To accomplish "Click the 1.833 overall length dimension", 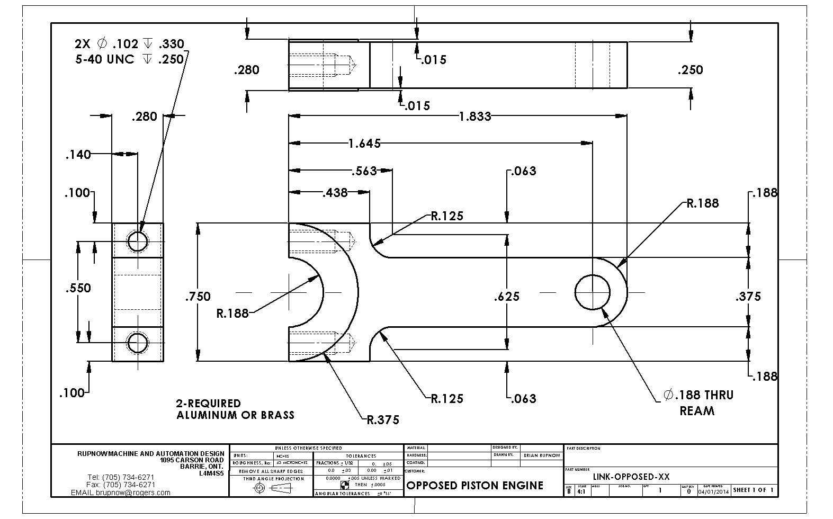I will pyautogui.click(x=475, y=116).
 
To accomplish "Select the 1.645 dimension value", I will pyautogui.click(x=364, y=143).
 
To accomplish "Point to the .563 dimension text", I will pyautogui.click(x=364, y=171).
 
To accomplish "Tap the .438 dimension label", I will pyautogui.click(x=335, y=193).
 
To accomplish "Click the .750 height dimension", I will pyautogui.click(x=198, y=297).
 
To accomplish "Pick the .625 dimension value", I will pyautogui.click(x=507, y=297).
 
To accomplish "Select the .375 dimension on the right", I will pyautogui.click(x=748, y=297).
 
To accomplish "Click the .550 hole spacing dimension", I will pyautogui.click(x=78, y=288).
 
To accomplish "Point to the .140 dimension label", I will pyautogui.click(x=78, y=155).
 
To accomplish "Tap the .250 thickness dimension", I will pyautogui.click(x=690, y=70).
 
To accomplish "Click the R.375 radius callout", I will pyautogui.click(x=383, y=420).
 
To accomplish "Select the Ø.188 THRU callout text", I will pyautogui.click(x=698, y=395).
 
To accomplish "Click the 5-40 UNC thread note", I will pyautogui.click(x=129, y=59).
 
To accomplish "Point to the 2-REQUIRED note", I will pyautogui.click(x=209, y=404).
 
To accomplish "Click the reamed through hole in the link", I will pyautogui.click(x=593, y=292).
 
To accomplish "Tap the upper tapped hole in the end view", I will pyautogui.click(x=137, y=241).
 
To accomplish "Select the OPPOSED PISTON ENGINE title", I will pyautogui.click(x=474, y=486).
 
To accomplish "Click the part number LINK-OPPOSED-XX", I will pyautogui.click(x=631, y=477).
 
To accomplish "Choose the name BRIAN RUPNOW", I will pyautogui.click(x=542, y=455).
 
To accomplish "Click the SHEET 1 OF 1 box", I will pyautogui.click(x=754, y=490).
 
